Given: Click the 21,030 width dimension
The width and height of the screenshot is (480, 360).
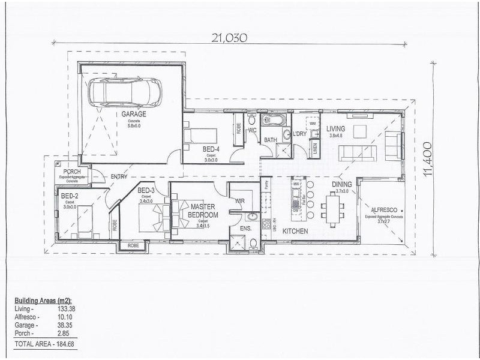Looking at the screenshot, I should tap(229, 37).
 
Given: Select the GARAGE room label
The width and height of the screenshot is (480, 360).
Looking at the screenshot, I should tap(133, 113).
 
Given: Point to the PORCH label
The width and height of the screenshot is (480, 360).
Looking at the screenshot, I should tap(71, 172).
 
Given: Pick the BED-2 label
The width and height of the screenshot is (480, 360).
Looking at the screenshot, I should tap(70, 196).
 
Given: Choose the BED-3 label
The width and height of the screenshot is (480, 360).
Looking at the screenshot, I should tap(146, 191).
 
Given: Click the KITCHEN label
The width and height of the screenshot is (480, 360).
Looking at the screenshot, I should tap(295, 231).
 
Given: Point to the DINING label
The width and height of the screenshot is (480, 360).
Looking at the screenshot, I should tap(342, 185).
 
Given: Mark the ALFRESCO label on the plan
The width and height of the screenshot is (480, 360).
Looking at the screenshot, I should tap(385, 209).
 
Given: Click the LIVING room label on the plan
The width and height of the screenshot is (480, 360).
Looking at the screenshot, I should tap(335, 128).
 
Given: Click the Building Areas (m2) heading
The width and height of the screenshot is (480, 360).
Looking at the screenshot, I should tap(44, 299).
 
